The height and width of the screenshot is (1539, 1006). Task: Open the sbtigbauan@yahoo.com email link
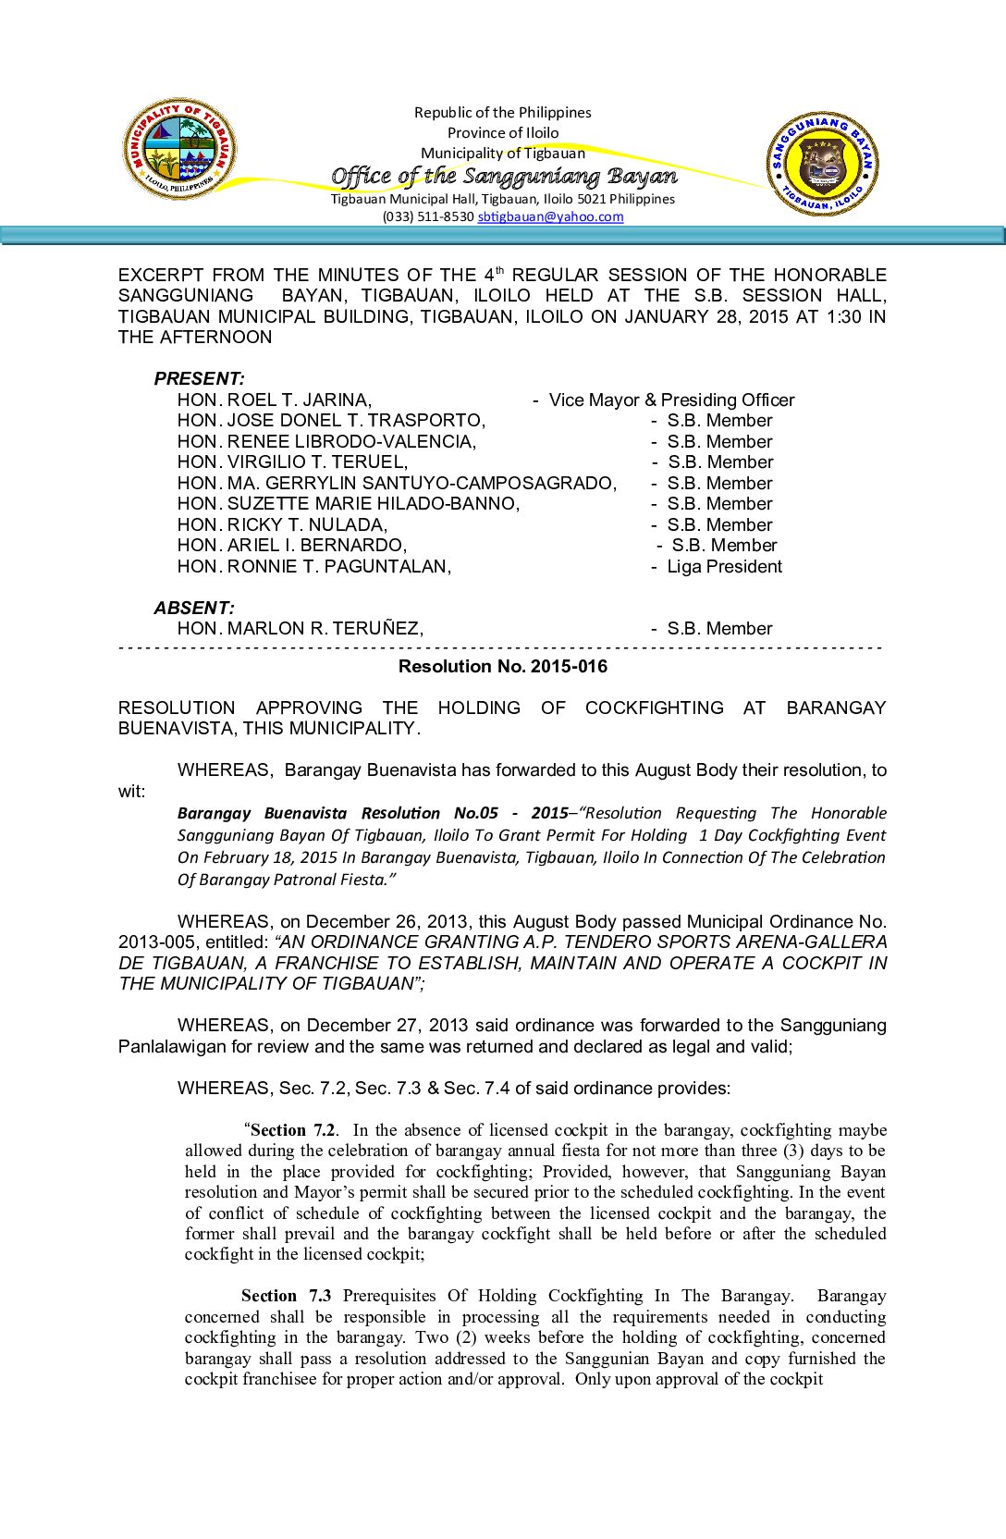pyautogui.click(x=550, y=217)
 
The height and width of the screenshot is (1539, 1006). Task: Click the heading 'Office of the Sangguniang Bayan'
pyautogui.click(x=504, y=176)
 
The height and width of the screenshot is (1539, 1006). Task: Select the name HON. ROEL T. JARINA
pyautogui.click(x=275, y=400)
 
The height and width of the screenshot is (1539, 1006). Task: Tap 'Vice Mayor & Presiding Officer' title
pyautogui.click(x=671, y=400)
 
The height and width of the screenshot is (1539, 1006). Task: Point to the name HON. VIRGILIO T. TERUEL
pyautogui.click(x=292, y=462)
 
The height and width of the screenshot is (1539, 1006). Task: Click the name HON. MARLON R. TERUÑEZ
pyautogui.click(x=301, y=629)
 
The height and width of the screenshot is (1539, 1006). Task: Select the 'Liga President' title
pyautogui.click(x=724, y=567)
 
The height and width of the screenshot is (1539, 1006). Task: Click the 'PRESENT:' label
pyautogui.click(x=199, y=379)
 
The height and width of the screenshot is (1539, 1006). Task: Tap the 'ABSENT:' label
pyautogui.click(x=194, y=609)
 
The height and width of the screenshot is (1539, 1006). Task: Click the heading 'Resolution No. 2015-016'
pyautogui.click(x=503, y=667)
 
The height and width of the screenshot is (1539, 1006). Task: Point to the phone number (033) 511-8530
pyautogui.click(x=428, y=217)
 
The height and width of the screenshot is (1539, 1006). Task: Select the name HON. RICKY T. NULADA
pyautogui.click(x=282, y=525)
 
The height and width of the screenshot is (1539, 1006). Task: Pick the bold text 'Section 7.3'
pyautogui.click(x=286, y=1296)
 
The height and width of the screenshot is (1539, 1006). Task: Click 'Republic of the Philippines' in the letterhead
pyautogui.click(x=503, y=113)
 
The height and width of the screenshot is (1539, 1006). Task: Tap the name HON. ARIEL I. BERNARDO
pyautogui.click(x=292, y=546)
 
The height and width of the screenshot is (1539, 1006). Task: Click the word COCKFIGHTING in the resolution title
pyautogui.click(x=654, y=708)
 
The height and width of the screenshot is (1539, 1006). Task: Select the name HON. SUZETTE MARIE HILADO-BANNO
pyautogui.click(x=349, y=504)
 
